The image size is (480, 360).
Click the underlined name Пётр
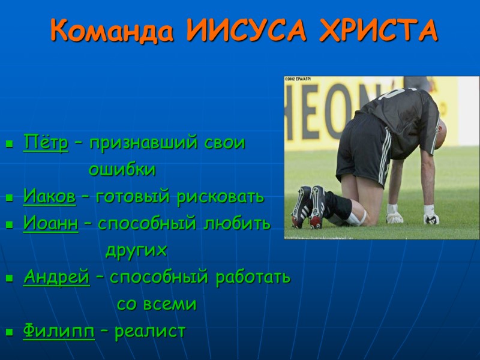46,144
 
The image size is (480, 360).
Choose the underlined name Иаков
50,196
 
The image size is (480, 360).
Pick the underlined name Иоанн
50,223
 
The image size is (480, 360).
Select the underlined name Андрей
56,277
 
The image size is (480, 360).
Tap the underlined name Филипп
59,331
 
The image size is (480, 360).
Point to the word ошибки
122,170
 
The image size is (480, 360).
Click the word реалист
150,331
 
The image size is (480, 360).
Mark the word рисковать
220,196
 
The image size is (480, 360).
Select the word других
136,250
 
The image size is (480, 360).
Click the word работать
250,277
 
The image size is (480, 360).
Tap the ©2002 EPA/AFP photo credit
298,79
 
